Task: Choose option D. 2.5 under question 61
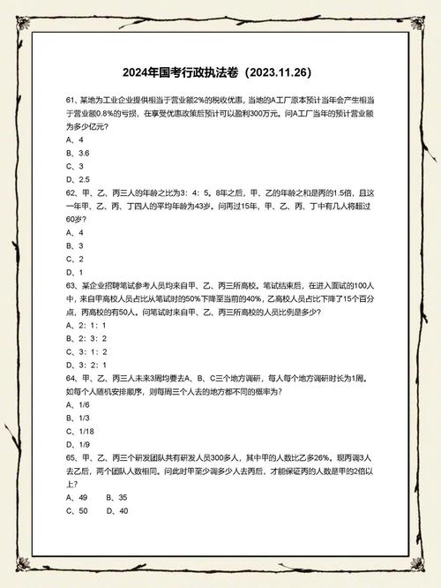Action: pos(78,178)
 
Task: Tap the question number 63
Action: pos(71,286)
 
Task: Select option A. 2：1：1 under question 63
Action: pos(86,325)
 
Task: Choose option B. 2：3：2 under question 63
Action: pos(86,338)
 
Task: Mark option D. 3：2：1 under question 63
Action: pos(86,364)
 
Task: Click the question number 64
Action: pos(71,377)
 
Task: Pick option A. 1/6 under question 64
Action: pos(78,403)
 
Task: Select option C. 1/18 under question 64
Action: pos(80,430)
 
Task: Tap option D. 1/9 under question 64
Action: pos(78,443)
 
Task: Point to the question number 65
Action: pos(71,457)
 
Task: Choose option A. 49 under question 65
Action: pos(78,497)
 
